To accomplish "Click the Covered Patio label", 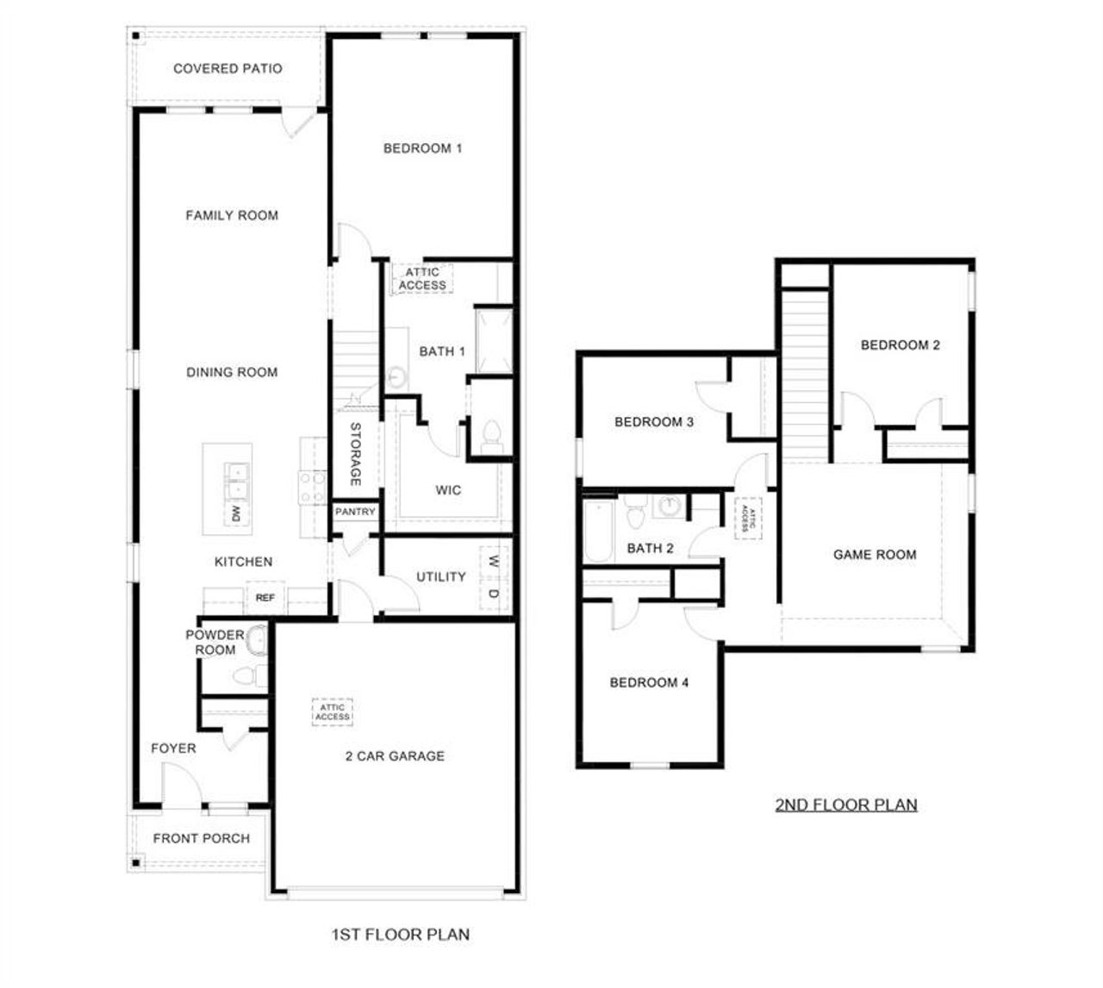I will (x=227, y=69).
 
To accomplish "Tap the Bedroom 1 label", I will (x=422, y=148).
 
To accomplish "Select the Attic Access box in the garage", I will (x=333, y=712).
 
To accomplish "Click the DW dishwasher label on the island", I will (x=235, y=513).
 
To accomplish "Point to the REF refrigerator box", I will (x=265, y=597).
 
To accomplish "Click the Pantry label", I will (x=355, y=512).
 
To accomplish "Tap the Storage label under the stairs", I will (x=354, y=454).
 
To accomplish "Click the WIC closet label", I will (x=447, y=490).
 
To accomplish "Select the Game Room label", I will (x=874, y=555).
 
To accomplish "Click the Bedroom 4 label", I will (x=649, y=683).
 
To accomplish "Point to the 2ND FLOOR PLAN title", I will (x=846, y=805).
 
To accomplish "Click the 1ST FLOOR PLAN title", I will (x=401, y=934).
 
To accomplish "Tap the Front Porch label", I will (x=202, y=838).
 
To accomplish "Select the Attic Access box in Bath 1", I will (x=423, y=279).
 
